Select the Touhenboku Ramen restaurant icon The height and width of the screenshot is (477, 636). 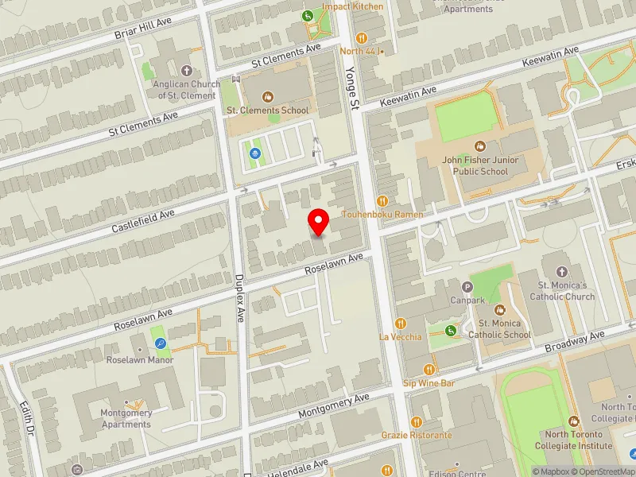click(382, 201)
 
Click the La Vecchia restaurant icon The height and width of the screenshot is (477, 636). click(401, 323)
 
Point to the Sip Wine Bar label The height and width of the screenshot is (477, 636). click(429, 383)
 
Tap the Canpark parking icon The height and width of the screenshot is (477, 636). click(467, 286)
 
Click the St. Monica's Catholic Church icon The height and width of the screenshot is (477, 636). click(562, 271)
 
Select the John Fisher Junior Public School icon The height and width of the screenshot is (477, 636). click(479, 146)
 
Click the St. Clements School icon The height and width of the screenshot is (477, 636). click(268, 97)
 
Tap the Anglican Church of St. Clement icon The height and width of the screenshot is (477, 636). click(187, 71)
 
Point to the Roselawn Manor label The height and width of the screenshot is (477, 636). click(140, 359)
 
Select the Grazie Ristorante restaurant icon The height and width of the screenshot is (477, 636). click(416, 421)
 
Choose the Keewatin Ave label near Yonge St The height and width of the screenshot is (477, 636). click(409, 98)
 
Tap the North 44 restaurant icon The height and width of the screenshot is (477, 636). click(362, 37)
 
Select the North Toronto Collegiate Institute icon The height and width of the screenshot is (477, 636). click(575, 421)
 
